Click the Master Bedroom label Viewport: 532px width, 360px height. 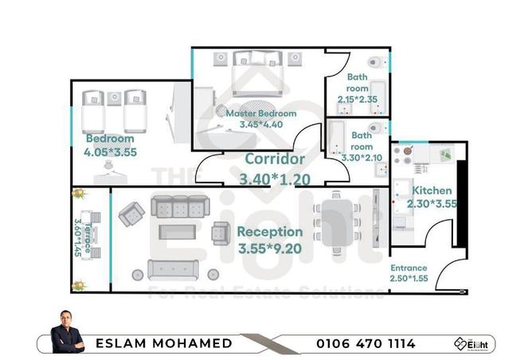coord(260,114)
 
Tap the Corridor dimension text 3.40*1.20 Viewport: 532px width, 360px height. coord(276,179)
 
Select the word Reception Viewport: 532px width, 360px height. coord(270,232)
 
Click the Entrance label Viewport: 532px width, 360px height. coord(409,268)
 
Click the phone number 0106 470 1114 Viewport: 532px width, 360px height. coord(366,343)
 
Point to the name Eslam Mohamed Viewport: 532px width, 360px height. coord(164,343)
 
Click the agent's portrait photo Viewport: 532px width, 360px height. coord(67,331)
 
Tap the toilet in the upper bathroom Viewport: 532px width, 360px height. coord(375,62)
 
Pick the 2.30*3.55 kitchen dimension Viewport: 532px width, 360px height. coord(431,204)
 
